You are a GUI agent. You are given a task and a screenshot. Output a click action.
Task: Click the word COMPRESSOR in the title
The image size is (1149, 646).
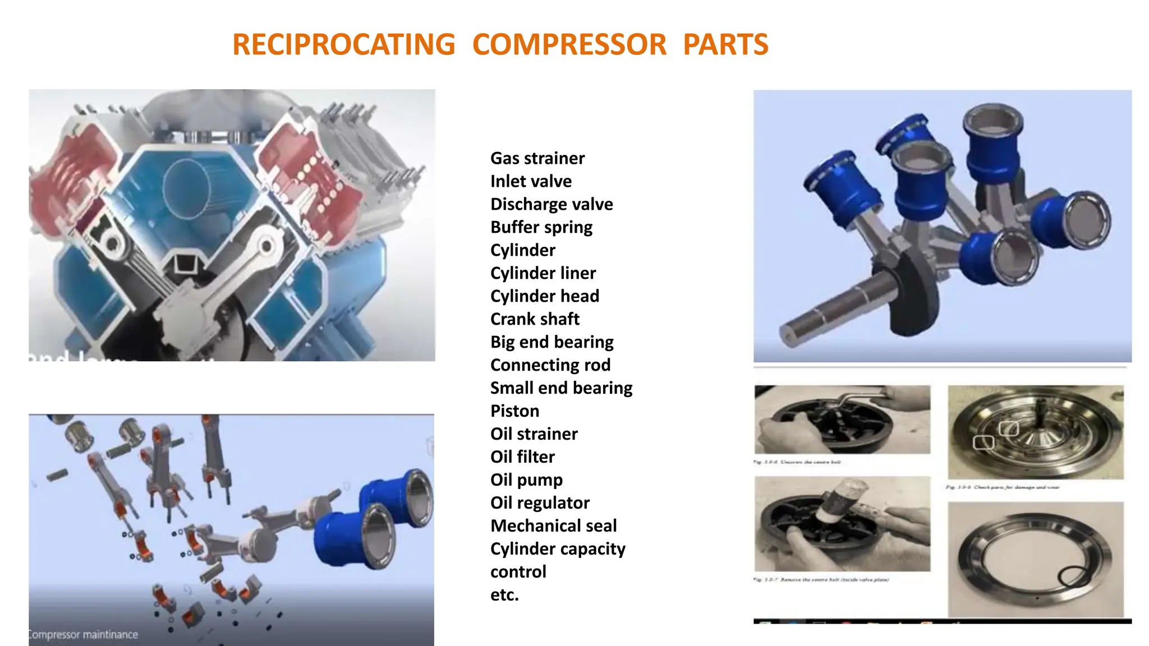click(569, 45)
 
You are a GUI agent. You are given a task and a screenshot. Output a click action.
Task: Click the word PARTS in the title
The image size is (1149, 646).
click(725, 45)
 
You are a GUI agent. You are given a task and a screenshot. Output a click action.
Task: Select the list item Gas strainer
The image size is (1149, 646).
click(537, 159)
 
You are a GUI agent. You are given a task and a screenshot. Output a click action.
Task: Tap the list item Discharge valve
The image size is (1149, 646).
click(551, 205)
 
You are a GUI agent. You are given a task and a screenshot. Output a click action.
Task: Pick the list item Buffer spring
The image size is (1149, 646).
click(541, 228)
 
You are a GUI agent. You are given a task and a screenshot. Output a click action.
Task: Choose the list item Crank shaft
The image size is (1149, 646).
click(534, 320)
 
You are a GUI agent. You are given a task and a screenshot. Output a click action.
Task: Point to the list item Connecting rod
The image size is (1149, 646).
click(550, 366)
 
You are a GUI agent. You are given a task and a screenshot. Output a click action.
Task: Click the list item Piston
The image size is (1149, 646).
click(514, 412)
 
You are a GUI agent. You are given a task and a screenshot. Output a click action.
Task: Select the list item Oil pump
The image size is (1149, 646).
click(526, 481)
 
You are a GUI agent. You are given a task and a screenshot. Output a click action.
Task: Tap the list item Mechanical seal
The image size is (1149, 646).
click(553, 527)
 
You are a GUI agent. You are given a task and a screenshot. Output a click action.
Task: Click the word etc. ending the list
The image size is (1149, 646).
click(504, 596)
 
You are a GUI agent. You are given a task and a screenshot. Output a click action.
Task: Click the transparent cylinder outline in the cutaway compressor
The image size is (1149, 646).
click(187, 188)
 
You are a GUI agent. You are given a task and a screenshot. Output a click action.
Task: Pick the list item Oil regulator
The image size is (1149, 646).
click(539, 504)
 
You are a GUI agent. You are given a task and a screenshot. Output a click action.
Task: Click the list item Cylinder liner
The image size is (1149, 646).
click(543, 274)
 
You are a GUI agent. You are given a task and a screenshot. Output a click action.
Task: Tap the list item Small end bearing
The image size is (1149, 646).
click(560, 389)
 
